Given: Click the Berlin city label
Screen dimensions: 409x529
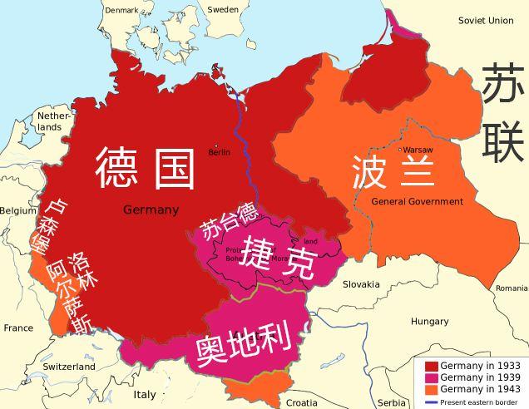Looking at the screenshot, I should (220, 152).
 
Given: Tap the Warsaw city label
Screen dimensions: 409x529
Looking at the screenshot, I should (419, 150).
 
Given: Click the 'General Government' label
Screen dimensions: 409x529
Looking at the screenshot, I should (417, 202).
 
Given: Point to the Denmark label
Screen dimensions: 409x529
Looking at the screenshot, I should (122, 10).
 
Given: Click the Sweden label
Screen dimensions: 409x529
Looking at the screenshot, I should (222, 10).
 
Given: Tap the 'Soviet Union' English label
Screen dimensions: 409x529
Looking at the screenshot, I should (486, 20).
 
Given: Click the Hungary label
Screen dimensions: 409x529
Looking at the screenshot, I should (429, 321).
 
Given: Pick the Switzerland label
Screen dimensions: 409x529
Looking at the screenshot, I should (69, 367).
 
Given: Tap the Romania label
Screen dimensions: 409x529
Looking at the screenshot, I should (511, 288).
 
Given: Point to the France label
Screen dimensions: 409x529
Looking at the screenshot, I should (18, 328).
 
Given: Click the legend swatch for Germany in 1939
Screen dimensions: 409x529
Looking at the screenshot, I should (431, 377).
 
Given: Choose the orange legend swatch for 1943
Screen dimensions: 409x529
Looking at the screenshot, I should (431, 389).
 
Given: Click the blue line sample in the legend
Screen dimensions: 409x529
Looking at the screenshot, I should (431, 402).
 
